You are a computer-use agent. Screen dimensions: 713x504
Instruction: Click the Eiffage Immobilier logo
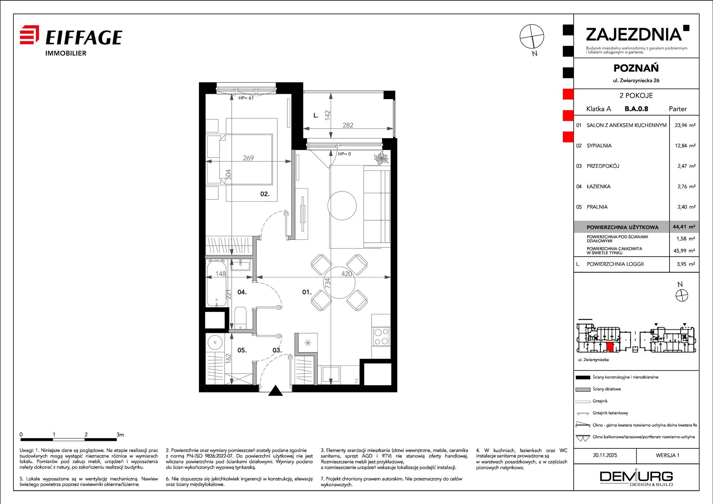point(71,41)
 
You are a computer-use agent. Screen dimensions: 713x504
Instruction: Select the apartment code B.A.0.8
point(636,109)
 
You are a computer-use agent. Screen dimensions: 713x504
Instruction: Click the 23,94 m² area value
point(685,125)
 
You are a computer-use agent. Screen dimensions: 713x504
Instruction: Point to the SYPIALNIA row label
point(599,145)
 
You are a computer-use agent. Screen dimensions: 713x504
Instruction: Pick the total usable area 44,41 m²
point(684,227)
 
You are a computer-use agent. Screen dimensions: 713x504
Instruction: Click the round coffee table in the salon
point(342,206)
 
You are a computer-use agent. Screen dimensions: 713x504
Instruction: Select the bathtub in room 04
point(216,283)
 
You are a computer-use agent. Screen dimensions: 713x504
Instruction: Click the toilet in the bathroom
point(240,318)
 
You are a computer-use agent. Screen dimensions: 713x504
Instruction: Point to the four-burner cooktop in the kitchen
point(381,337)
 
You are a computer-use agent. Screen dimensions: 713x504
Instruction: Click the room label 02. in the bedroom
point(265,194)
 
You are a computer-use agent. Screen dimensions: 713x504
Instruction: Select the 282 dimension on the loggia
point(348,125)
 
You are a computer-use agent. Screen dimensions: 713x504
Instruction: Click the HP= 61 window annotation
point(246,98)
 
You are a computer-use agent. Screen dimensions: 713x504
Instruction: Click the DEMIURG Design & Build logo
point(636,478)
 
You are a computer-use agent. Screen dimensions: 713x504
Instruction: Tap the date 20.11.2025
point(605,455)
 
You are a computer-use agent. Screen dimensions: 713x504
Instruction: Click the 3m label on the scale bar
point(120,434)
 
